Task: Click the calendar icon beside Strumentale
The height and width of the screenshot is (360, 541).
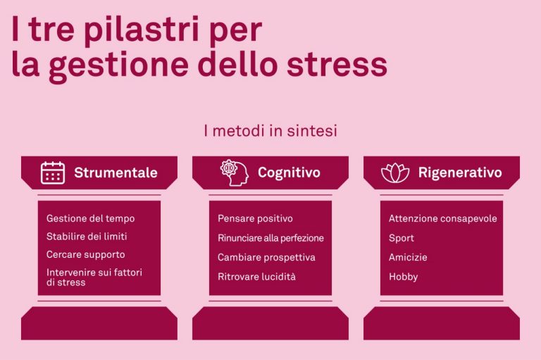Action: coord(53,173)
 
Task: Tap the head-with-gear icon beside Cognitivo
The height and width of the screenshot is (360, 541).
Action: coord(235,173)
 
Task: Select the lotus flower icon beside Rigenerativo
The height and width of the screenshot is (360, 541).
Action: coord(395,173)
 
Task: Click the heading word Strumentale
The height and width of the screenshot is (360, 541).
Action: coord(116,173)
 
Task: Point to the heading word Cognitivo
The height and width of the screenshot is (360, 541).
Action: coord(289,173)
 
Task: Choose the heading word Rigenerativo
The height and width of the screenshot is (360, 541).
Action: coord(460,173)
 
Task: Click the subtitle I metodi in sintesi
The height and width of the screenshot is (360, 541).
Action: coord(270,131)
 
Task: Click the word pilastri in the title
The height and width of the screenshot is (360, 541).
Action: coord(142,30)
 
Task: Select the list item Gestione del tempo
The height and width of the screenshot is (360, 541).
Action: coord(90,218)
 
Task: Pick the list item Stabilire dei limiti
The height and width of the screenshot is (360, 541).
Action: coord(87,237)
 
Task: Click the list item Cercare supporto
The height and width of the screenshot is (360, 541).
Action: coord(85,254)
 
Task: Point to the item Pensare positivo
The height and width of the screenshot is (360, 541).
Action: coord(255,218)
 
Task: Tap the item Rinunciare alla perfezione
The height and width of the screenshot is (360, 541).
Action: coord(270,238)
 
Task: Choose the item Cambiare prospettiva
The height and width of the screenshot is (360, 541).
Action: coord(266,257)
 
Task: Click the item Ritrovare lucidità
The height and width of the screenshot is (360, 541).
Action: coord(256,276)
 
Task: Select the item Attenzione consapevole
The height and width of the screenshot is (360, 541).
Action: coord(442,218)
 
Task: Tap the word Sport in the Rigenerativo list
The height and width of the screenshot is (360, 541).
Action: coord(402,238)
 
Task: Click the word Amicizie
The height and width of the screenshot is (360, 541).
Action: coord(408,257)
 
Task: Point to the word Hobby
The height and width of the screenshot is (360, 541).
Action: coord(404,277)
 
